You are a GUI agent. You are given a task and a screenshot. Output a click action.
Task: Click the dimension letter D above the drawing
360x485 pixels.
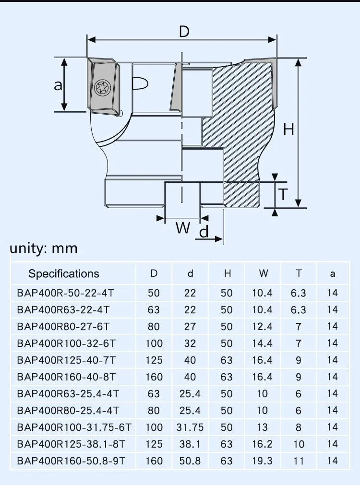(184, 32)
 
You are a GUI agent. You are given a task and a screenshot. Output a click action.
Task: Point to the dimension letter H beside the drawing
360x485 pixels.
(288, 129)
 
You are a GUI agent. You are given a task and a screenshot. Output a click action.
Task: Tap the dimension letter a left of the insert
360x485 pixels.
(58, 85)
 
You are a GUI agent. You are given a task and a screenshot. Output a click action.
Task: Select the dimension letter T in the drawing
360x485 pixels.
(284, 195)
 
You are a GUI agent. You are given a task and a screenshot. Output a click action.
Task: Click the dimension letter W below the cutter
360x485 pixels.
(182, 227)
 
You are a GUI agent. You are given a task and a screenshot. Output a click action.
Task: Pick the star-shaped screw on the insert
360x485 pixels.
(103, 86)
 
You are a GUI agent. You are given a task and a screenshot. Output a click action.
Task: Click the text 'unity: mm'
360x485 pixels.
(44, 248)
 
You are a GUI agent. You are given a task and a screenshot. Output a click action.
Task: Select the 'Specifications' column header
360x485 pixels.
(64, 274)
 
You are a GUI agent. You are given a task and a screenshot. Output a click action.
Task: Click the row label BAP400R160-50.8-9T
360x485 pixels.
(71, 461)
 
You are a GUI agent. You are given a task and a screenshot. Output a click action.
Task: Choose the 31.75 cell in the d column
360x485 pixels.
(190, 427)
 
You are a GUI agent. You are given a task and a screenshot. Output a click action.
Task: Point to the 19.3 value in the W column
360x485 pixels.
(262, 461)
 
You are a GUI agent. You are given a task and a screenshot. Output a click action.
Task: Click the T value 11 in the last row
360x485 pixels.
(299, 461)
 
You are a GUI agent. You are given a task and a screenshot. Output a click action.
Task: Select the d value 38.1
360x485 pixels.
(190, 444)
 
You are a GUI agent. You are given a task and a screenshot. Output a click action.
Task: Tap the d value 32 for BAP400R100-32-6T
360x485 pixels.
(190, 343)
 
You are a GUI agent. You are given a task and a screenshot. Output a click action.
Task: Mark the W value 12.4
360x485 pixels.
(262, 327)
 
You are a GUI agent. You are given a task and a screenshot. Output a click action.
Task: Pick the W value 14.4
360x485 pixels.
(262, 343)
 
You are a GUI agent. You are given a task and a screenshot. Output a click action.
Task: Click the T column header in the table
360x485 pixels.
(299, 274)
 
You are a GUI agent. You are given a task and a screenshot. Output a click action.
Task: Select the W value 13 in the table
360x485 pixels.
(262, 427)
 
